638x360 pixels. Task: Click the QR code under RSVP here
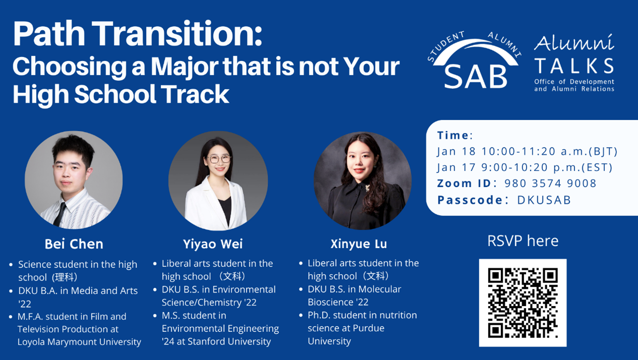click(523, 303)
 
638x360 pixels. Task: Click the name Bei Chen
click(74, 244)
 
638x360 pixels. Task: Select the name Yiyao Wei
click(213, 244)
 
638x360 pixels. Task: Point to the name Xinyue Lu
click(359, 244)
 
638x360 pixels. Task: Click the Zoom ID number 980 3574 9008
click(550, 184)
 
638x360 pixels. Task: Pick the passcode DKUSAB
click(544, 200)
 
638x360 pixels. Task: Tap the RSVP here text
click(523, 241)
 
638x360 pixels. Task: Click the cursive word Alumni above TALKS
click(574, 44)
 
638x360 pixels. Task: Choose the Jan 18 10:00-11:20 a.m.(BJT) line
click(527, 151)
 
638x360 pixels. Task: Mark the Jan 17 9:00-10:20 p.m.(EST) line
click(525, 167)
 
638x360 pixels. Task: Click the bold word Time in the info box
click(453, 135)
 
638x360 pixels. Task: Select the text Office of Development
click(574, 82)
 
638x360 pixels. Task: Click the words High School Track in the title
click(121, 94)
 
